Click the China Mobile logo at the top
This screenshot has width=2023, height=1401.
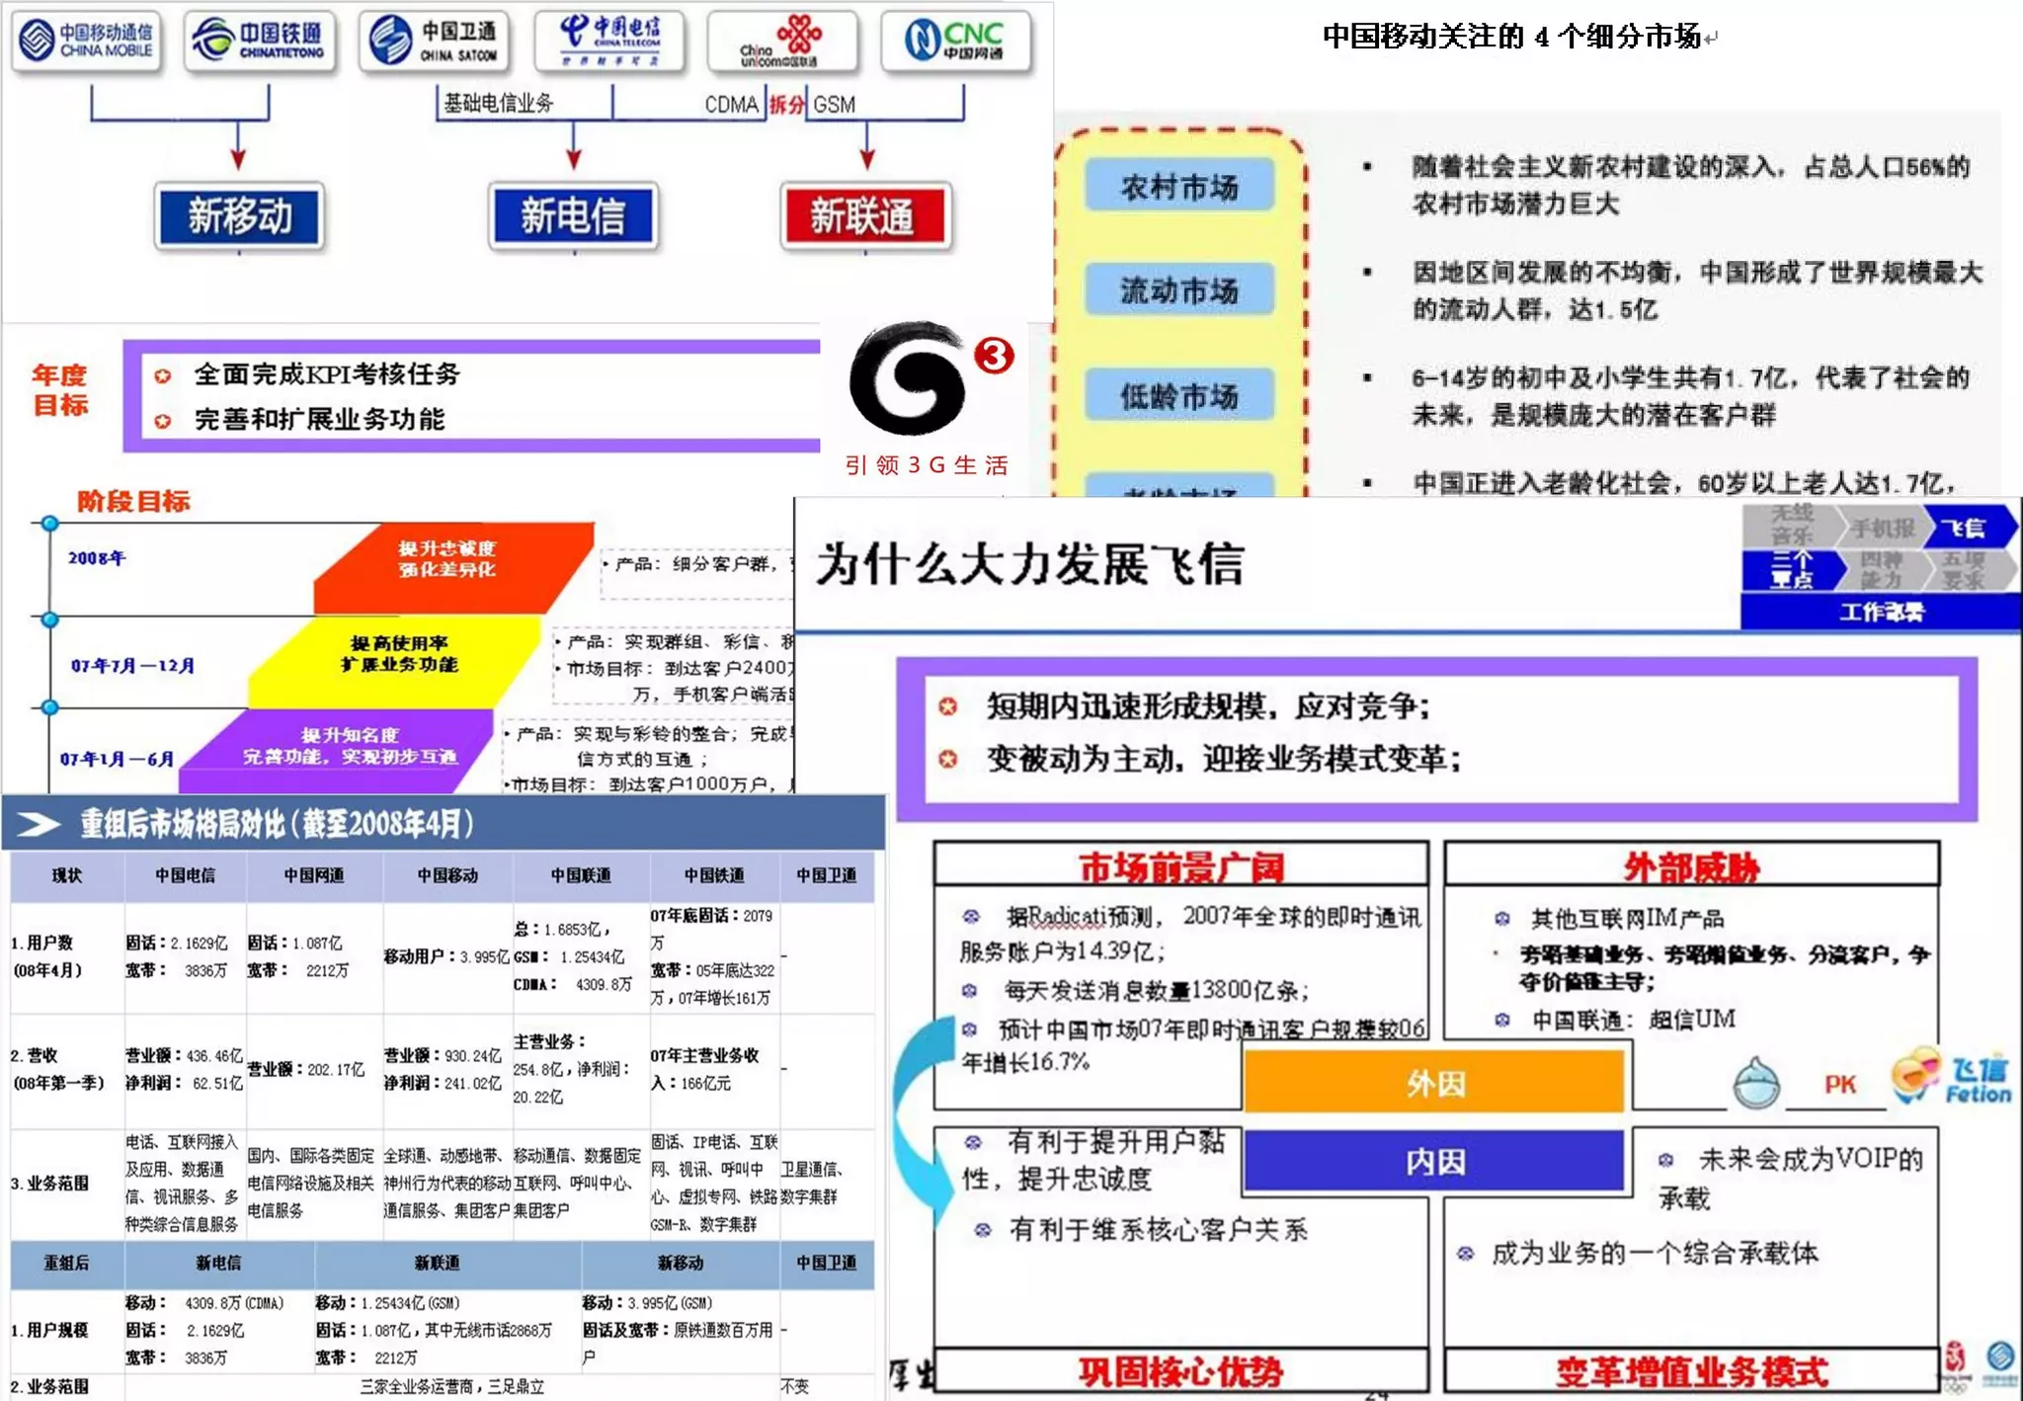coord(88,41)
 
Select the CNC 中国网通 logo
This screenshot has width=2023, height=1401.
coord(955,41)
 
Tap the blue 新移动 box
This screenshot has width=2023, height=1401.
coord(240,216)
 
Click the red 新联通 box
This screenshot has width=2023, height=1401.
coord(865,216)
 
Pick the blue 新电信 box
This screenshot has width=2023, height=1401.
coord(573,216)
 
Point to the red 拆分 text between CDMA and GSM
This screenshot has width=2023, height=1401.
coord(786,105)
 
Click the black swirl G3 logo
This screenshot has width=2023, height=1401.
coord(909,377)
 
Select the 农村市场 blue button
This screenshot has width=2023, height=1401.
coord(1178,186)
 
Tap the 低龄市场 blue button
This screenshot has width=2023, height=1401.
coord(1178,395)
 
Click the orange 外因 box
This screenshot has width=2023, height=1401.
coord(1434,1083)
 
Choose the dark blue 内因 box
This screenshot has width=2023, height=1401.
coord(1434,1161)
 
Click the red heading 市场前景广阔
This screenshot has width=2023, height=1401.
coord(1180,866)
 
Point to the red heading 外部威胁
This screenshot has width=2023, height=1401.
coord(1691,866)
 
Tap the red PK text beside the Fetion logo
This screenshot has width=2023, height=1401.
coord(1839,1085)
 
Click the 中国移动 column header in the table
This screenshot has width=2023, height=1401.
coord(447,875)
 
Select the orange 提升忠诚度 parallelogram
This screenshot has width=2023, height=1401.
coord(449,563)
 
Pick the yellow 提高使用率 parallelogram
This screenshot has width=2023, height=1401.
coord(395,657)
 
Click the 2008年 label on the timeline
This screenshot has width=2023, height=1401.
coord(97,558)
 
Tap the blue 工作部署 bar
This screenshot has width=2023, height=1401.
coord(1881,613)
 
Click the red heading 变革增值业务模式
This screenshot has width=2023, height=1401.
coord(1691,1371)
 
